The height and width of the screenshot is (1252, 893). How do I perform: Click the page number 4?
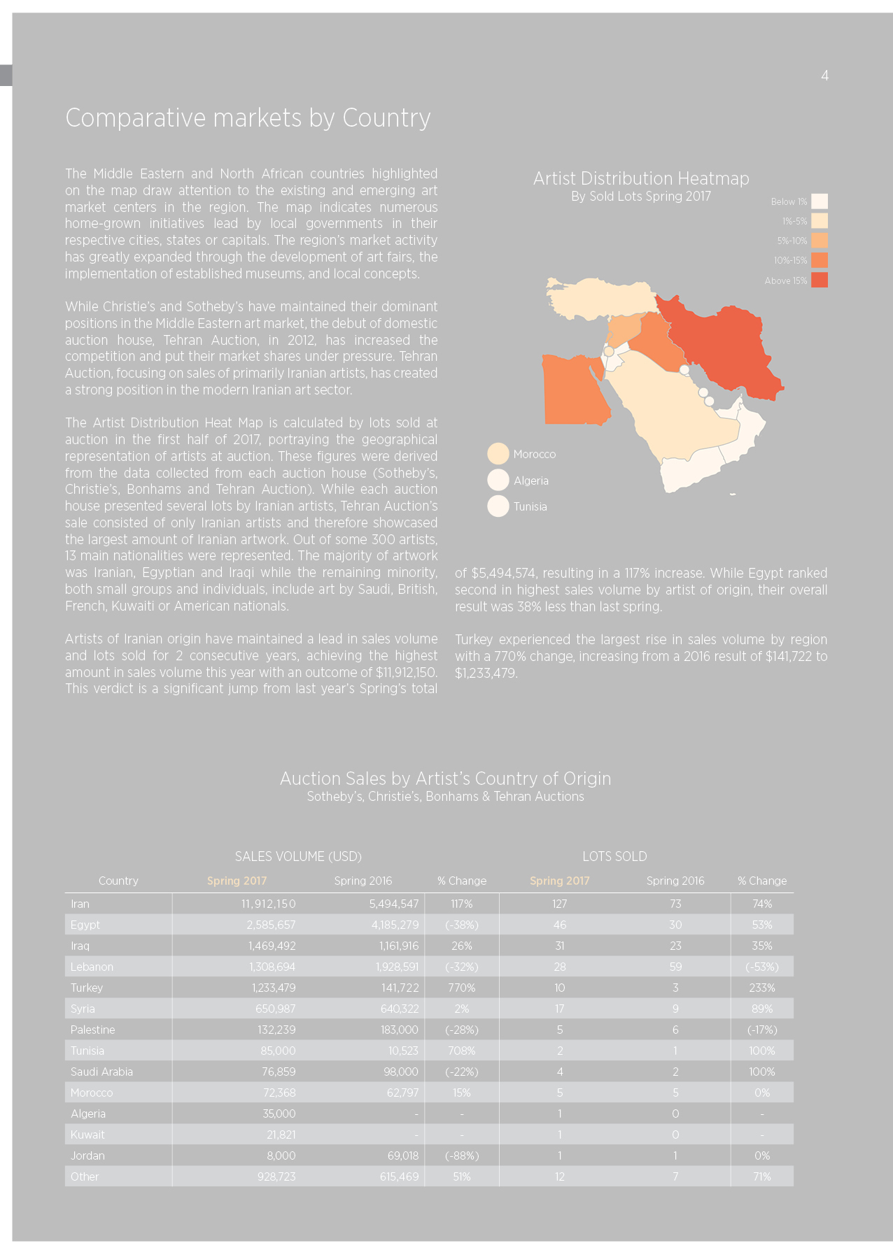point(824,76)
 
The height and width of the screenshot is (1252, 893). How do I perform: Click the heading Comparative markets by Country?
point(248,118)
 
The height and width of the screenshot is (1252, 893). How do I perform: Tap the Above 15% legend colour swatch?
point(820,280)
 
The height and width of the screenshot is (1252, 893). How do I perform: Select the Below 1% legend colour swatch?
point(820,201)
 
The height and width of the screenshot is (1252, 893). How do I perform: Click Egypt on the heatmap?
point(574,392)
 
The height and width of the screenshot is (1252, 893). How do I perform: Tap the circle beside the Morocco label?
point(498,454)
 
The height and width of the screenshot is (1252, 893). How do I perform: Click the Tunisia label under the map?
point(530,506)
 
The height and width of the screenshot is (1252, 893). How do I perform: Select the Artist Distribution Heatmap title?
point(641,179)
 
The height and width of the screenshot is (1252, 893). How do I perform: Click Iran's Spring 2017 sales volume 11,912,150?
point(268,904)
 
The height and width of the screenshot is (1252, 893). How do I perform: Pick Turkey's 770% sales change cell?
point(461,988)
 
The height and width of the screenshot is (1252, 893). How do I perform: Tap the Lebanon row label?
point(92,967)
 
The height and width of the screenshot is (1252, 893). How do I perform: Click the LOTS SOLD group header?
point(614,856)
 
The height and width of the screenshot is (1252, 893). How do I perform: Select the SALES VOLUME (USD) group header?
point(298,856)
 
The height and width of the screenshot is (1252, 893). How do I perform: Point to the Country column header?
point(118,881)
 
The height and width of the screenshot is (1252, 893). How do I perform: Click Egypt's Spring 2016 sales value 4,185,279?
point(395,925)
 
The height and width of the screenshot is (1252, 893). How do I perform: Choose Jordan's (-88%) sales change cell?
point(462,1155)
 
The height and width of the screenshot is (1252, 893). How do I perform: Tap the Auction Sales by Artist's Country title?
point(446,778)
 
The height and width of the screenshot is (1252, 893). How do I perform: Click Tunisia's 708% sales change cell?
point(461,1051)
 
